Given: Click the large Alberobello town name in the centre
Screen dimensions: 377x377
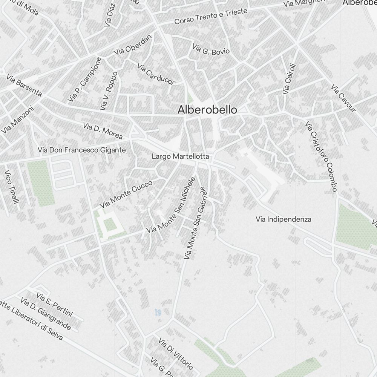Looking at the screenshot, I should tap(207, 110).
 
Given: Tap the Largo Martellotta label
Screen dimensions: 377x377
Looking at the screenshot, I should tap(180, 156).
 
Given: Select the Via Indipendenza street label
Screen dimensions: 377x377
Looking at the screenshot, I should tap(283, 219).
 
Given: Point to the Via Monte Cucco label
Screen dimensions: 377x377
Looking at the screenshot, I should tap(126, 194).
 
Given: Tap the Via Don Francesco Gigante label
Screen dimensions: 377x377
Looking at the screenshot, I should tap(81, 150).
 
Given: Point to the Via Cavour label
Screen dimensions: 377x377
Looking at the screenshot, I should tap(343, 98).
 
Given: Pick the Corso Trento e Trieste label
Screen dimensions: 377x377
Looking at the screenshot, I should tap(211, 16).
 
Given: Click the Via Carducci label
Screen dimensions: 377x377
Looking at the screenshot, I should tap(155, 74).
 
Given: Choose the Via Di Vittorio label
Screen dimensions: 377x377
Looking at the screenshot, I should tap(176, 354).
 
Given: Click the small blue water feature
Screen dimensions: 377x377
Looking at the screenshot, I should tap(158, 312).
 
